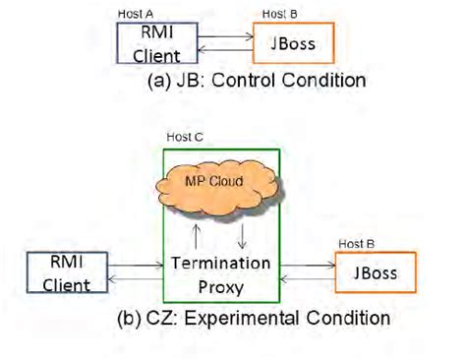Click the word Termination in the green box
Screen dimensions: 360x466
[x=219, y=262]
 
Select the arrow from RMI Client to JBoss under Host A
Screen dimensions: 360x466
[x=226, y=37]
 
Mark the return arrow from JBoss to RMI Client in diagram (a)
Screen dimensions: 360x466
[x=226, y=49]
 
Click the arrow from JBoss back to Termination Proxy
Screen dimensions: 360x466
[x=306, y=280]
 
